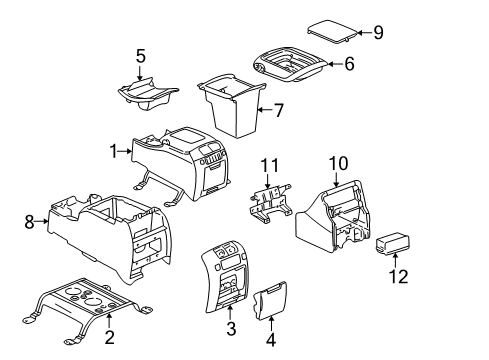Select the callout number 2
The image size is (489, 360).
110,337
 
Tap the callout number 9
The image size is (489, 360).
377,32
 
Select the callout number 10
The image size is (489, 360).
338,161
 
